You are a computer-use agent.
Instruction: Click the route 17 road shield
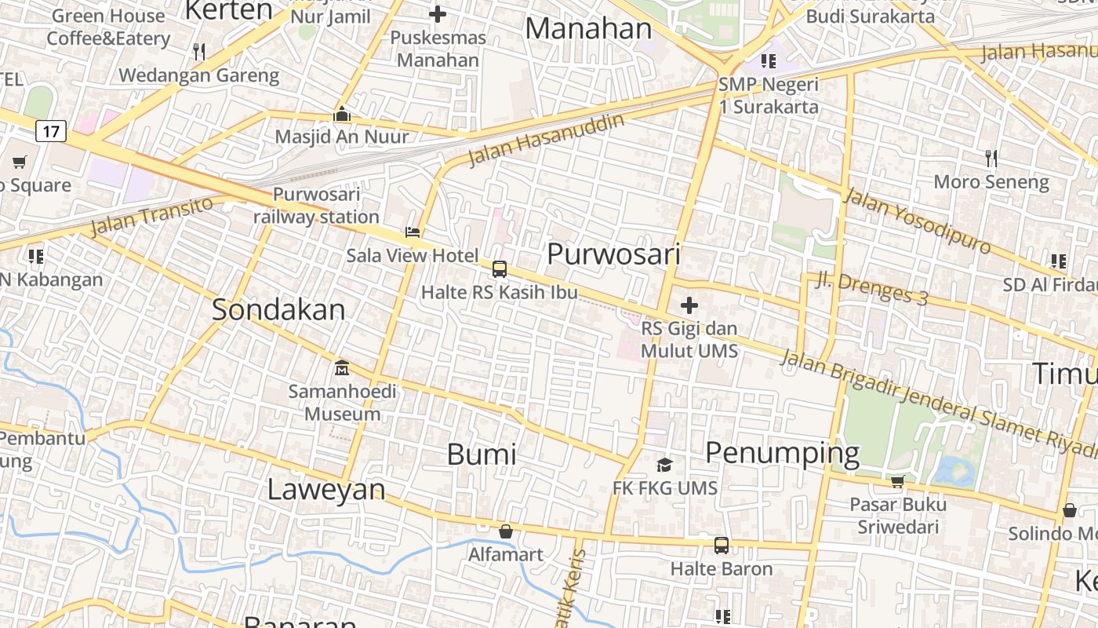(51, 130)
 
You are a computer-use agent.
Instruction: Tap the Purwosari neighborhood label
(613, 254)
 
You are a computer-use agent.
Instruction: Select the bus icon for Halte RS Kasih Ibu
(500, 269)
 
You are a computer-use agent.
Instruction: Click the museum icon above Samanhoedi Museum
(342, 367)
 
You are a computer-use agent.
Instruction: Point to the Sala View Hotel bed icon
(413, 232)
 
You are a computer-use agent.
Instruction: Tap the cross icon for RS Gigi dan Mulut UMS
(689, 305)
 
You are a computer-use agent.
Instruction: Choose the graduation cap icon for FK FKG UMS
(665, 466)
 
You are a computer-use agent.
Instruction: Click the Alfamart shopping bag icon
(506, 531)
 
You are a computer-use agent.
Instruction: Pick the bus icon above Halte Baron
(722, 546)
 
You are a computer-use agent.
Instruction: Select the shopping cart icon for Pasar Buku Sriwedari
(897, 481)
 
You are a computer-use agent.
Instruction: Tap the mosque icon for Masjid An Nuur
(342, 115)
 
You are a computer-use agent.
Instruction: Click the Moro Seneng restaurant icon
(991, 159)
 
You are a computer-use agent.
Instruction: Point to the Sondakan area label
(278, 309)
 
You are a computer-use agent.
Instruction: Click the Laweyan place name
(326, 489)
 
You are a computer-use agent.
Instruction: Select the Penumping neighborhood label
(782, 453)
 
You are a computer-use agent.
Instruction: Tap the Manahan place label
(588, 28)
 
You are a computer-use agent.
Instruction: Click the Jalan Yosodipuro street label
(917, 221)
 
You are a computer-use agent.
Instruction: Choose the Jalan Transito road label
(151, 217)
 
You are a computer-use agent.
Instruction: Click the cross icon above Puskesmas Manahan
(438, 14)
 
